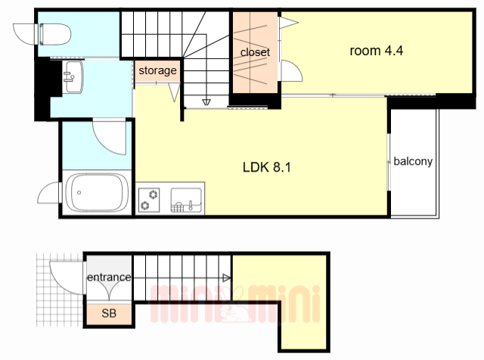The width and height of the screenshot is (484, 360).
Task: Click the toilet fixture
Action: click(55, 34)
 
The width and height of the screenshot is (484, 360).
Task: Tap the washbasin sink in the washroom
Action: click(73, 77)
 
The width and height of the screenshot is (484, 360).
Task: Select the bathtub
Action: click(97, 193)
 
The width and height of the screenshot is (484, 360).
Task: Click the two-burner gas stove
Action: click(149, 200)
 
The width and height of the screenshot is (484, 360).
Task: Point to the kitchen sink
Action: click(187, 200)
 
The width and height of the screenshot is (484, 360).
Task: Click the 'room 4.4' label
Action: click(377, 51)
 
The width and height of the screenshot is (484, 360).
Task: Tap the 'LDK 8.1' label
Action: click(267, 167)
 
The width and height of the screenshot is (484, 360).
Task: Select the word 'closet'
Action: click(255, 52)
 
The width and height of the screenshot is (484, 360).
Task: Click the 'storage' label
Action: click(157, 70)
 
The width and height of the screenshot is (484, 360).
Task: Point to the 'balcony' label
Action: click(413, 161)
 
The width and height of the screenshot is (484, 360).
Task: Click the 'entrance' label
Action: click(109, 277)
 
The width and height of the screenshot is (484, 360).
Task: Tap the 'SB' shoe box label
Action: click(109, 313)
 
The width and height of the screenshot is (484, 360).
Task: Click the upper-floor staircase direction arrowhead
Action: click(206, 102)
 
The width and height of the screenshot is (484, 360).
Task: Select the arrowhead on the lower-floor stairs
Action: click(227, 278)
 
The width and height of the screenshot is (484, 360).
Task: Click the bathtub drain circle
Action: click(79, 193)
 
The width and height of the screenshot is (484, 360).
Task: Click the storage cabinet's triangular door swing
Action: click(175, 92)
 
